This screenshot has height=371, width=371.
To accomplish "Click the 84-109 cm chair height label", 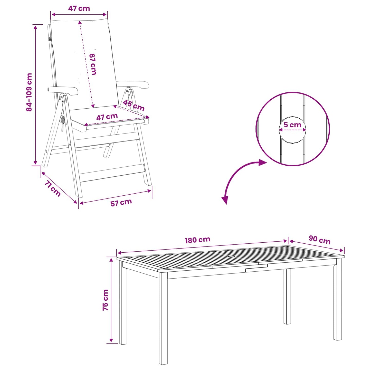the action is (x=29, y=92).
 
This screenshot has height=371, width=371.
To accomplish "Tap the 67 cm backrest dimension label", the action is (x=93, y=64).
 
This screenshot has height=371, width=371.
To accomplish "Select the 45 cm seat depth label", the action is (x=134, y=106).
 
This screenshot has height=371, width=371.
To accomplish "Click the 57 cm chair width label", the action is (x=121, y=203).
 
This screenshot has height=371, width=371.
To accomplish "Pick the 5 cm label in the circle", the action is (x=292, y=125).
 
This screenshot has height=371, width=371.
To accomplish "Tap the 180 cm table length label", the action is (x=197, y=240).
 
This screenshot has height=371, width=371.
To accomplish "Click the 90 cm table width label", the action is (x=320, y=240).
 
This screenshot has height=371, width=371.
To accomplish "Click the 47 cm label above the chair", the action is (x=79, y=8).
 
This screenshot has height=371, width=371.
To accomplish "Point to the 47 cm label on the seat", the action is (x=107, y=117).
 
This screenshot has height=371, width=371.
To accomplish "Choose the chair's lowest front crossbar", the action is (x=112, y=173).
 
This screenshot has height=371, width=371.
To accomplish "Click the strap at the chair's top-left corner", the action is (x=50, y=39).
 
